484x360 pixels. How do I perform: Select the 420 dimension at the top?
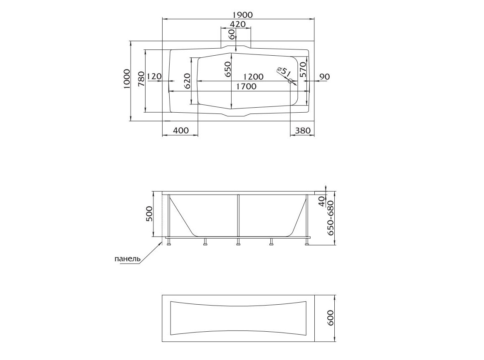pos(238,24)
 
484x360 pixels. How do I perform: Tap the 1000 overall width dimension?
pos(126,79)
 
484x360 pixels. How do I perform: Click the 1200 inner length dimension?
pos(253,76)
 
